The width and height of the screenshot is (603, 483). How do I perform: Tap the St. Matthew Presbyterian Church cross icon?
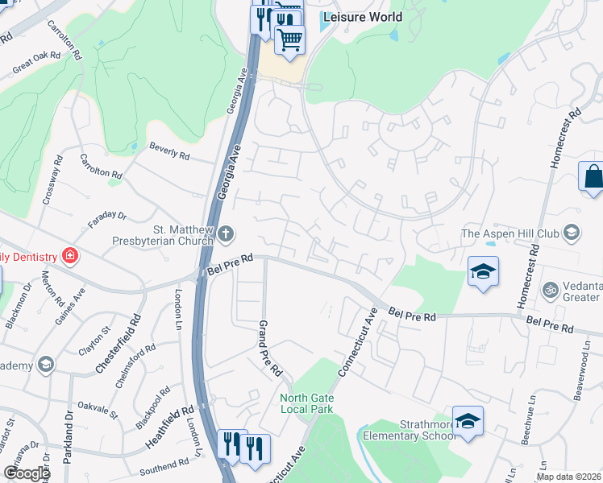[x=227, y=234]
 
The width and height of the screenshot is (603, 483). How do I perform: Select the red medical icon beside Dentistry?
[x=70, y=257]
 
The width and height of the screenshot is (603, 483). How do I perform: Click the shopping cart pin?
[x=290, y=38]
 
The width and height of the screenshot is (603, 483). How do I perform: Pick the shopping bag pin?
[x=592, y=176]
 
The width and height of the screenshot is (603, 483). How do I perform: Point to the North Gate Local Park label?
[x=306, y=403]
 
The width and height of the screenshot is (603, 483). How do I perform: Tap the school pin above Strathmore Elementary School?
[x=468, y=420]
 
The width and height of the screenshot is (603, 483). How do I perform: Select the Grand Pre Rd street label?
[x=269, y=349]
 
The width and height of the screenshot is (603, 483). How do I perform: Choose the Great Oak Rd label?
[x=36, y=63]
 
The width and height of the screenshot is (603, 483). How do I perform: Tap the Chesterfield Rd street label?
[x=129, y=343]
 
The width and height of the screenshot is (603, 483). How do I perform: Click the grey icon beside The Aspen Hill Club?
[x=572, y=233]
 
